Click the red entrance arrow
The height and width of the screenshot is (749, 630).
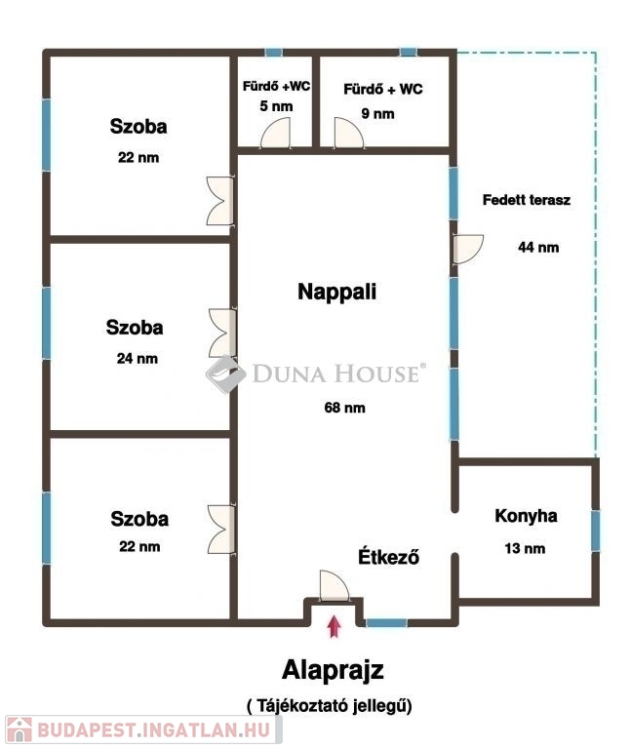coord(335,627)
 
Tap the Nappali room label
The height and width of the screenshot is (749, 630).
coord(337,292)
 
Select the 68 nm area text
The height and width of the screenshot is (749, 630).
coord(344,408)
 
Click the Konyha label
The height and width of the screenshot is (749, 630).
coord(526,516)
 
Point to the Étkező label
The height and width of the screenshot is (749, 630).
coord(389,556)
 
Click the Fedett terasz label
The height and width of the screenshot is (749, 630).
coord(527,200)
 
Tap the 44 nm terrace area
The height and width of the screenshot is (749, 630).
coord(538,247)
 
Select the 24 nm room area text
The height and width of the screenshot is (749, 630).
coord(138,358)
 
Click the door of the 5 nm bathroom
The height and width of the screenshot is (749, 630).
coord(276,134)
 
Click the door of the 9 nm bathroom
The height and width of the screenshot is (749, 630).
coord(349,134)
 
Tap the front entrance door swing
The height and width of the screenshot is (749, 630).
coord(335,585)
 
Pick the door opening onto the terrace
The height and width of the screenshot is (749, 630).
coord(468,249)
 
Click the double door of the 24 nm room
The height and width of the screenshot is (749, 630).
coord(222,333)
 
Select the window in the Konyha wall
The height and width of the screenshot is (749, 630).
coord(596,531)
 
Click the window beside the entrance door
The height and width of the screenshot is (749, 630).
coord(386,622)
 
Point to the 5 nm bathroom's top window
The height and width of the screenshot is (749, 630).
coord(274,53)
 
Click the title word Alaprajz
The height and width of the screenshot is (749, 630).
coord(333,670)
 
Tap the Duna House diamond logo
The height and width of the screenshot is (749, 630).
coord(226,374)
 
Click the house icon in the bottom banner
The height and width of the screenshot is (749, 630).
coord(20,729)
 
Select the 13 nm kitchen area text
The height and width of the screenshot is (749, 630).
coord(525,548)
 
